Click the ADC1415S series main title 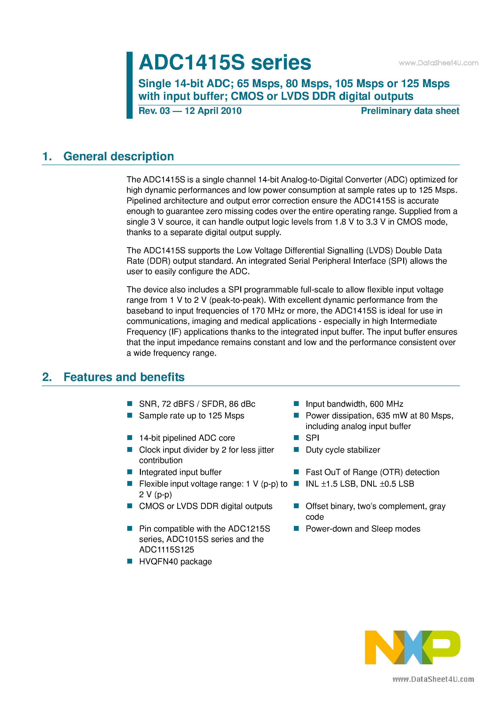(225, 62)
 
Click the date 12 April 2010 (213, 111)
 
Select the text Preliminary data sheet (410, 111)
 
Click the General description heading (119, 156)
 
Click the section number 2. (47, 377)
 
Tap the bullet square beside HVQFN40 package (130, 561)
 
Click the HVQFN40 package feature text (175, 562)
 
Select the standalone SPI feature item (312, 438)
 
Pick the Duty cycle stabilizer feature (343, 450)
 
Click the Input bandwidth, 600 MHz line (354, 404)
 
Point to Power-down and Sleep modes (363, 529)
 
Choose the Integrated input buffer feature (180, 472)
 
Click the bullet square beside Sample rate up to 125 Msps (130, 415)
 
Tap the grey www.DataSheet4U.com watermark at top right (438, 63)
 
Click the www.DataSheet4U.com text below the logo (433, 679)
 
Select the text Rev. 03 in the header (154, 111)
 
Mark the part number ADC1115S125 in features (166, 549)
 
